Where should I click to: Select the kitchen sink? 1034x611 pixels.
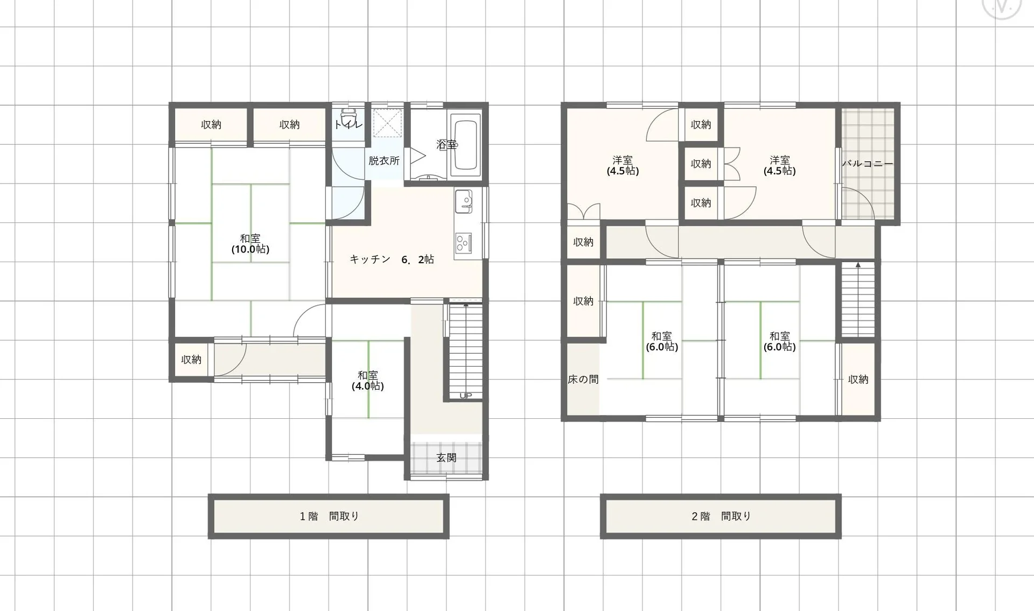click(x=463, y=201)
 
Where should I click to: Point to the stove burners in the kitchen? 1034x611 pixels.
click(x=463, y=243)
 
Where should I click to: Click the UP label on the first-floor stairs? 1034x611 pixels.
click(x=466, y=396)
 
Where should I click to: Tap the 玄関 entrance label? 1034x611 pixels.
click(x=446, y=458)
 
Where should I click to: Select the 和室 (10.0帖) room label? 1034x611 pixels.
click(x=250, y=244)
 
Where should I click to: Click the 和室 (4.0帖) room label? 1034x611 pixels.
click(x=368, y=381)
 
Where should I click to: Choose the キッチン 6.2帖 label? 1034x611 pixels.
click(x=392, y=259)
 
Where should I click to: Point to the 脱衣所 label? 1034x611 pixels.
click(x=384, y=161)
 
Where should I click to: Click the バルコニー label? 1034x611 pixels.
click(x=867, y=164)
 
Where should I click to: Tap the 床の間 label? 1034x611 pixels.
click(x=583, y=380)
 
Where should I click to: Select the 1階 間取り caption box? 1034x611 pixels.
click(x=329, y=516)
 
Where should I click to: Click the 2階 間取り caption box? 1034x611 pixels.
click(x=721, y=516)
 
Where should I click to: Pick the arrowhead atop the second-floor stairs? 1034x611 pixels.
click(x=858, y=265)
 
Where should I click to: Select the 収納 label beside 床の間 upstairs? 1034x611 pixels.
click(x=583, y=301)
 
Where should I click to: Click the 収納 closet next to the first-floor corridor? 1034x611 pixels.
click(x=191, y=360)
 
